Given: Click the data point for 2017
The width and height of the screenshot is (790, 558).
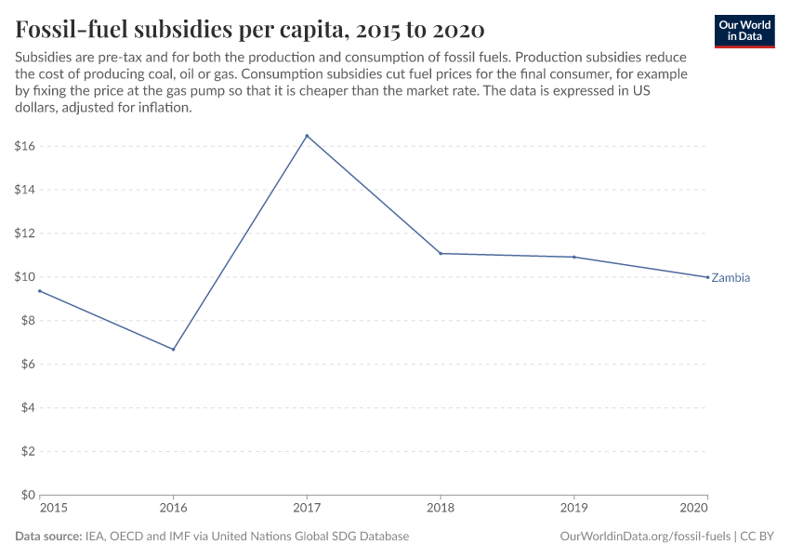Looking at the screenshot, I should (x=307, y=136).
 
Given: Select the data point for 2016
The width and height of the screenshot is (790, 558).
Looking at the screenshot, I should (x=173, y=350).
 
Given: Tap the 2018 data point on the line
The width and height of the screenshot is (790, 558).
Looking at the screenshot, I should (x=441, y=253).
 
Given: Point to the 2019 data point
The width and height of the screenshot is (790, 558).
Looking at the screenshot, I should (x=574, y=257).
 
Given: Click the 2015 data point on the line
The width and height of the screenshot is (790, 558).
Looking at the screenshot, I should (x=40, y=291).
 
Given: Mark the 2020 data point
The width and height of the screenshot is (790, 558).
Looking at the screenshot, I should (x=707, y=277).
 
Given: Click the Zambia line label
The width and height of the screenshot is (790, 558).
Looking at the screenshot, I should (x=731, y=278).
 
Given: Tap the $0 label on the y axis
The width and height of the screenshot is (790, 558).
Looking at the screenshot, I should (x=28, y=495).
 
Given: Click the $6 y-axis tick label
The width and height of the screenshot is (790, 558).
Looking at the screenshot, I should (x=28, y=364).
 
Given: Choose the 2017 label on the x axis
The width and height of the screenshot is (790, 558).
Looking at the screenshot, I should (x=307, y=509).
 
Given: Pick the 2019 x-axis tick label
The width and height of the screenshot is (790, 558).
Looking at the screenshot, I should (x=574, y=509).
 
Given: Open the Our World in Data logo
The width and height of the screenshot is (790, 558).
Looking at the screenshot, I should (x=744, y=31).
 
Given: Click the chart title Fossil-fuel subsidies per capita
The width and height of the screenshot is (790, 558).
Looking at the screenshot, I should (x=249, y=29).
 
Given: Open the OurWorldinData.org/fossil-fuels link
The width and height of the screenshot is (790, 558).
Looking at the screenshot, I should (x=645, y=537).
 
